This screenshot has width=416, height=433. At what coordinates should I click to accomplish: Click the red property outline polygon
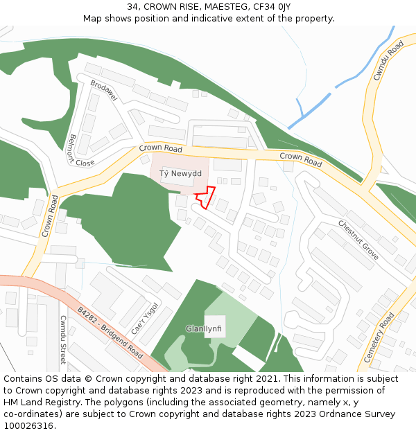(203, 197)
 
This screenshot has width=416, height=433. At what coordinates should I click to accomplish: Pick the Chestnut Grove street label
(358, 240)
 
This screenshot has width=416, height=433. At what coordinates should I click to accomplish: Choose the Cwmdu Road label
(388, 60)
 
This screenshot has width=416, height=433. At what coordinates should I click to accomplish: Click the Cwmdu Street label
(63, 339)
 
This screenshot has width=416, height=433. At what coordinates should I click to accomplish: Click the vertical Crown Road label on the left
(49, 216)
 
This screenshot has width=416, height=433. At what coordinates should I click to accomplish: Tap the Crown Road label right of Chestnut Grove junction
(301, 160)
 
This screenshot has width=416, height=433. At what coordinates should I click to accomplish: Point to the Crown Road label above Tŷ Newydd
(160, 148)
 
